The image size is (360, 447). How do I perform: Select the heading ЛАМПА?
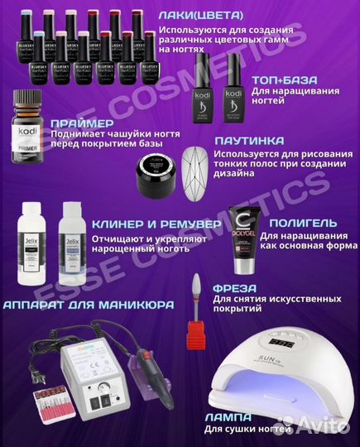[x=231, y=416]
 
